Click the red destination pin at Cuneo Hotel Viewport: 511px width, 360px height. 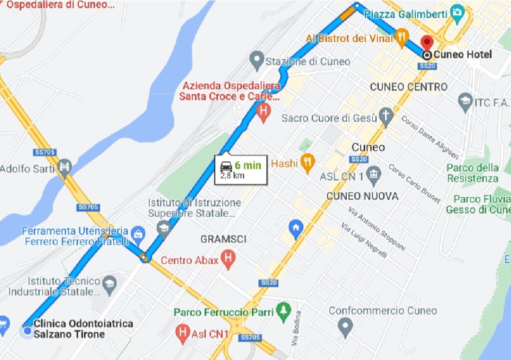tap(426, 42)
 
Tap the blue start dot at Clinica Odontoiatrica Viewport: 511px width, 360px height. tap(27, 331)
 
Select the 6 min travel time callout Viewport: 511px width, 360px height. tap(241, 170)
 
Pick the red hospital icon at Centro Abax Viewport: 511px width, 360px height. tap(228, 259)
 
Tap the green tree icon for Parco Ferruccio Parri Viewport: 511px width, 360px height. tap(284, 311)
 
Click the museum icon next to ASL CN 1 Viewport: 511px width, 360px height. tap(373, 175)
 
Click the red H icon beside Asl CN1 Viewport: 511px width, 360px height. tap(184, 332)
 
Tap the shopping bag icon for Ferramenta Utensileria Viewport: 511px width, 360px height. tap(138, 233)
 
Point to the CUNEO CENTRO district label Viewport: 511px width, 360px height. tap(409, 87)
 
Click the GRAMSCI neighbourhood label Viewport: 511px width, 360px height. tap(224, 240)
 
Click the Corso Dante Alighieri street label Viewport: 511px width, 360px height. tap(430, 137)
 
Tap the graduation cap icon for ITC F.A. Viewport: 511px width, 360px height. tap(465, 101)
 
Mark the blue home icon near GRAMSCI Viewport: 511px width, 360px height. tap(296, 228)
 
